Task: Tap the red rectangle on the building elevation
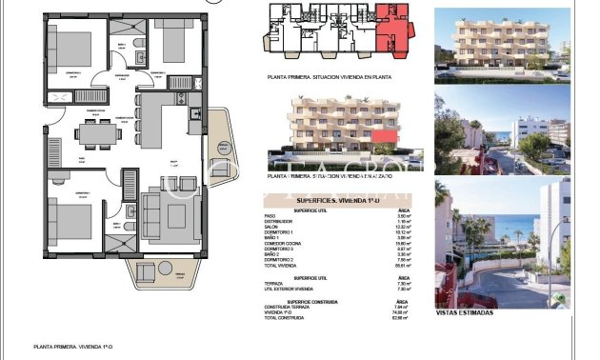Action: (385, 138)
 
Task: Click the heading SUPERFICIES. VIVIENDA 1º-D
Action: (342, 200)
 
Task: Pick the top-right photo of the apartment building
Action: (501, 42)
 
